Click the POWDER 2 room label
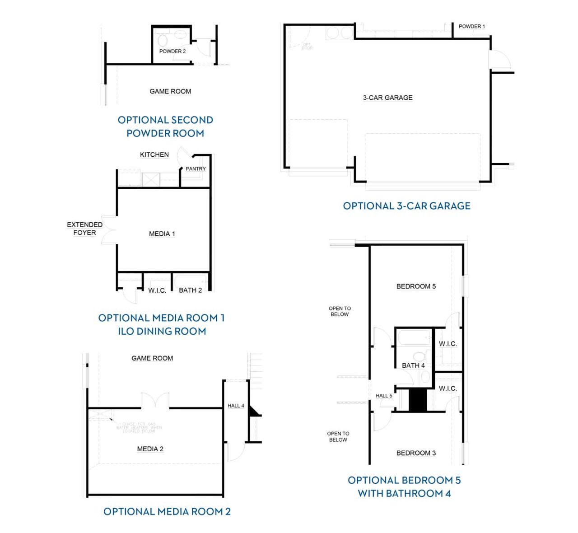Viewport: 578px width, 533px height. coord(172,51)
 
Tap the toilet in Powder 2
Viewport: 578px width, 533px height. coord(163,40)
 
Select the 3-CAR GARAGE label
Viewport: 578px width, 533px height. coord(387,98)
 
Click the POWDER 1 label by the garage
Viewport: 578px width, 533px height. coord(471,27)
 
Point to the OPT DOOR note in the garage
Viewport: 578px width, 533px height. coord(307,46)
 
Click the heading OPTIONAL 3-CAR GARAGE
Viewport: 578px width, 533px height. coord(406,206)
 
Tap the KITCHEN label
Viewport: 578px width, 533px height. coord(154,154)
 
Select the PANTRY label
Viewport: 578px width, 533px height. coord(196,169)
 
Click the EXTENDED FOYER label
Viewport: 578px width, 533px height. coord(84,229)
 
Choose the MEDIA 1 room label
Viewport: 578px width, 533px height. coord(162,234)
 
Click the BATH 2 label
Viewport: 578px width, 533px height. coord(190,290)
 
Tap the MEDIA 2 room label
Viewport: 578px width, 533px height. coord(150,449)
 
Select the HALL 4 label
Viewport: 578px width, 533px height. coord(235,406)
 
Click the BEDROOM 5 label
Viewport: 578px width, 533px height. coord(416,286)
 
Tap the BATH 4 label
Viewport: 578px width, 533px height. coord(413,365)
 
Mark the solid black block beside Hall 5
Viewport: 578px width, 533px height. coord(417,400)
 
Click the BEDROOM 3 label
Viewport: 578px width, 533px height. coord(416,453)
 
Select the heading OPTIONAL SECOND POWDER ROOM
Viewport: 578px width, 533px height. coord(165,126)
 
